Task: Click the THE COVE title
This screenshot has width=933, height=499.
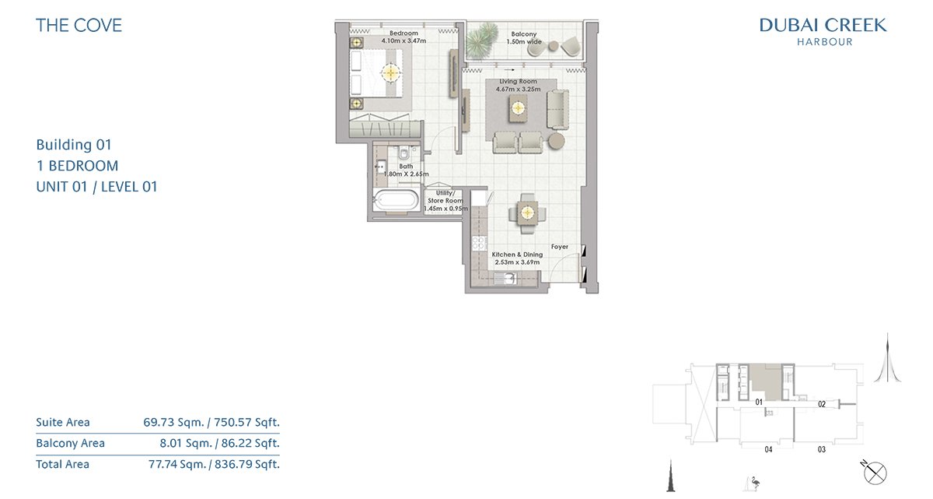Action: (79, 26)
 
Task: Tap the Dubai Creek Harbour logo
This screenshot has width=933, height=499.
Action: (823, 31)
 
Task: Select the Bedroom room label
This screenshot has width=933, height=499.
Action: (404, 33)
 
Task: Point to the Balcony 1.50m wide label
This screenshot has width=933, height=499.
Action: (524, 38)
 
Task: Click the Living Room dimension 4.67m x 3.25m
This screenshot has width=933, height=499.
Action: (518, 90)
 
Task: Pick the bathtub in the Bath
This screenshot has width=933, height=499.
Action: (396, 199)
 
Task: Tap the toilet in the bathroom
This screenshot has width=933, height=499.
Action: (404, 153)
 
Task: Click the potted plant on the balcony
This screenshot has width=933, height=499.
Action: (482, 40)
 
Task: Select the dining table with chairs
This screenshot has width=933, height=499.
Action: (527, 213)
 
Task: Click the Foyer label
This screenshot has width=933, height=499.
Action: (559, 247)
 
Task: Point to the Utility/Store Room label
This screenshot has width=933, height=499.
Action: (446, 197)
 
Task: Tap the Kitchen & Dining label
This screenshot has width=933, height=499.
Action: (517, 255)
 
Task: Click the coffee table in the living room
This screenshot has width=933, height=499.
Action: (518, 108)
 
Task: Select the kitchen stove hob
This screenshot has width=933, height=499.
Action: (480, 243)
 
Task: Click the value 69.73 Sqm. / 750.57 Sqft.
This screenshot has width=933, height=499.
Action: (211, 422)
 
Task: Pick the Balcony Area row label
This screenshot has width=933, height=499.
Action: (71, 443)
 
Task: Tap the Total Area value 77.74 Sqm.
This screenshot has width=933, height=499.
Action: (177, 464)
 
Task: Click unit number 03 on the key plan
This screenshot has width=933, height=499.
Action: (821, 449)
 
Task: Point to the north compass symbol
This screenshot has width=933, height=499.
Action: (874, 473)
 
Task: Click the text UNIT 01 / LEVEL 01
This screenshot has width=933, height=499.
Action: (96, 187)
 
